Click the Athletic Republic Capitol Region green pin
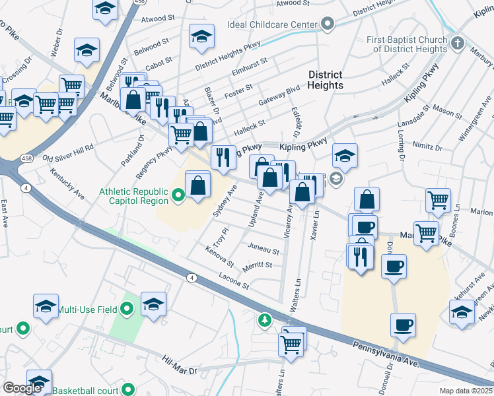pyautogui.click(x=177, y=195)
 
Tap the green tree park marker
pyautogui.click(x=265, y=320)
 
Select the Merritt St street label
pyautogui.click(x=258, y=265)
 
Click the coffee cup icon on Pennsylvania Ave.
pyautogui.click(x=403, y=325)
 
